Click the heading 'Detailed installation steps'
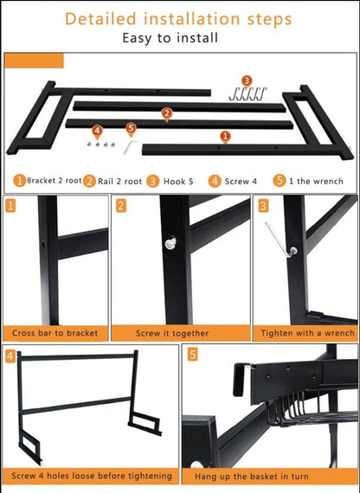click(x=178, y=19)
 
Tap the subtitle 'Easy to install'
click(x=170, y=38)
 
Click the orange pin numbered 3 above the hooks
click(x=247, y=81)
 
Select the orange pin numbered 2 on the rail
click(x=167, y=114)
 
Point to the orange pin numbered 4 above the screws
click(x=97, y=131)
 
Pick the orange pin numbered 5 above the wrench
click(x=131, y=129)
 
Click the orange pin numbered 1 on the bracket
click(x=225, y=137)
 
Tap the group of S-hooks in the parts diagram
click(x=247, y=94)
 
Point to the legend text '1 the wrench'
click(x=316, y=181)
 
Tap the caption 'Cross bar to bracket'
click(x=55, y=333)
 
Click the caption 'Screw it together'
click(x=172, y=333)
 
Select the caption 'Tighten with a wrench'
click(x=307, y=333)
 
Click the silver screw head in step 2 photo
click(x=170, y=243)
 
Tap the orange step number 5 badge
click(x=193, y=355)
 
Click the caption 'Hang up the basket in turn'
click(x=252, y=477)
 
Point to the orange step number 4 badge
click(x=10, y=356)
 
